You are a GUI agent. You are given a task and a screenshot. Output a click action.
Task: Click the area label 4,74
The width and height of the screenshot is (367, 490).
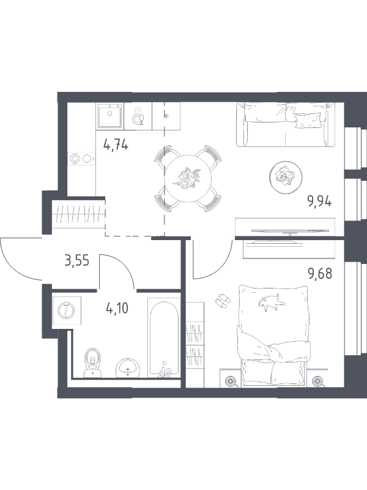(116, 146)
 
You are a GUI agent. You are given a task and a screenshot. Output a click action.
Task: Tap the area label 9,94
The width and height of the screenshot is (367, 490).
(319, 202)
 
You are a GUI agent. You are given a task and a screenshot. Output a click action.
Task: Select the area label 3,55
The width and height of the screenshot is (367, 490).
(77, 260)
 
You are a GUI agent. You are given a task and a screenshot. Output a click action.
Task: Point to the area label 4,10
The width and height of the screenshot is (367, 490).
(117, 309)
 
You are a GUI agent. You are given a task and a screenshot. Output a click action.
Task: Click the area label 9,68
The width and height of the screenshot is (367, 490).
(320, 273)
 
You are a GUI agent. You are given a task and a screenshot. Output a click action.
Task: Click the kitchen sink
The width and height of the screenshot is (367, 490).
(110, 116)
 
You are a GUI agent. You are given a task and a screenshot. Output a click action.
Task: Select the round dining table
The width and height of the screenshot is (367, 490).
(188, 179)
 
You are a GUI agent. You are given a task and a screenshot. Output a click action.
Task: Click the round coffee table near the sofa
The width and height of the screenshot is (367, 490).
(286, 177)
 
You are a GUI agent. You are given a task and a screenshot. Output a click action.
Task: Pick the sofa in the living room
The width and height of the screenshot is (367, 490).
(286, 124)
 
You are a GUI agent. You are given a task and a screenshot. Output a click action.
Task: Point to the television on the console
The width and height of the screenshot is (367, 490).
(290, 231)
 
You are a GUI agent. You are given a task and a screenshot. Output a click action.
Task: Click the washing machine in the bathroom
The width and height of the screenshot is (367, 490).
(67, 311)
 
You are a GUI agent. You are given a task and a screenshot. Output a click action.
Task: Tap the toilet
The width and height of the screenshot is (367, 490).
(93, 363)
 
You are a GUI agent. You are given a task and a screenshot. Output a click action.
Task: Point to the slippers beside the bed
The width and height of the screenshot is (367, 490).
(223, 300)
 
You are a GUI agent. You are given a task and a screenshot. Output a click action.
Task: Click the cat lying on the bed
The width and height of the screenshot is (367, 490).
(272, 302)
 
